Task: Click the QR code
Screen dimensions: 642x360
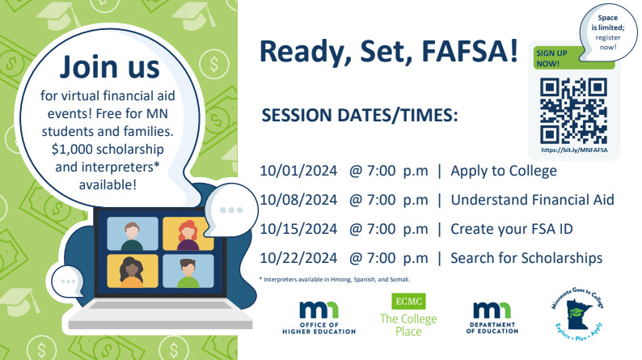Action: (x=573, y=111)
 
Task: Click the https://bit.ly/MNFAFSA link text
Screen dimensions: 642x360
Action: (x=574, y=150)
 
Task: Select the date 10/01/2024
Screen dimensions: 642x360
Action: (x=298, y=171)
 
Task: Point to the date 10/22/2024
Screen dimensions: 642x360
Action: (x=298, y=258)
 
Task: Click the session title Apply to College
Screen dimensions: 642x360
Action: (x=504, y=172)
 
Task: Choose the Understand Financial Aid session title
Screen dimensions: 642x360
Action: (x=532, y=200)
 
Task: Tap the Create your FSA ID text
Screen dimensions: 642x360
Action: (x=511, y=230)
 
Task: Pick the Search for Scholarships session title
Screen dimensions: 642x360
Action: (x=526, y=258)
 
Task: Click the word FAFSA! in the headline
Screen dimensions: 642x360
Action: (x=470, y=51)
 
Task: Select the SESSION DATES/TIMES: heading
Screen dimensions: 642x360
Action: (x=360, y=116)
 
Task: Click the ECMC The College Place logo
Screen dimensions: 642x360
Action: (x=408, y=315)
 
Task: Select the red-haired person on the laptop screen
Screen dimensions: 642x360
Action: (x=188, y=234)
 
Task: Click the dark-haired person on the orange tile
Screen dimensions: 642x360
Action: (x=132, y=271)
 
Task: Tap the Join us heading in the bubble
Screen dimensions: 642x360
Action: (x=109, y=67)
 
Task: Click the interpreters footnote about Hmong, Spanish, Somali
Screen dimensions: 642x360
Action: (x=335, y=280)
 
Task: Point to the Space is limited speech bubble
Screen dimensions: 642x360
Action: (x=607, y=32)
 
